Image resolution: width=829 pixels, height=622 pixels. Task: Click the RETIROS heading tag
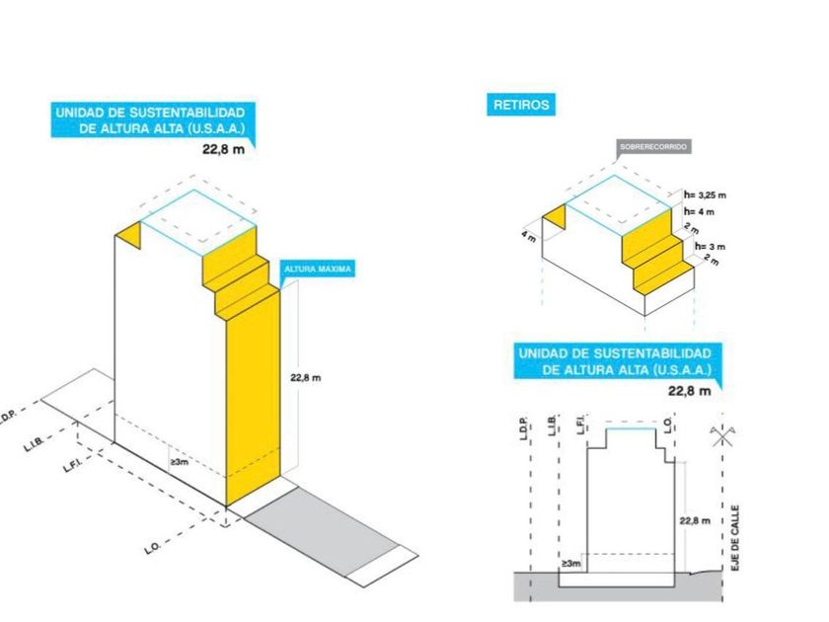[x=521, y=105]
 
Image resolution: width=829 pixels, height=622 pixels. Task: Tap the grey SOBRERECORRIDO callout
[x=653, y=147]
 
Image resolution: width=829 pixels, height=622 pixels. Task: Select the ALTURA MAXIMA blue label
[x=317, y=270]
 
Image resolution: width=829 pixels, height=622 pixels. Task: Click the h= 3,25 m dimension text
[x=705, y=195]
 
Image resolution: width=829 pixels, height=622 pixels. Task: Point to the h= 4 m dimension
[x=699, y=211]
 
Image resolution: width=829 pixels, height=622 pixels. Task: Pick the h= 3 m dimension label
[x=710, y=247]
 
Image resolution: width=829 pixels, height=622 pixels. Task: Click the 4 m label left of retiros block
[x=528, y=235]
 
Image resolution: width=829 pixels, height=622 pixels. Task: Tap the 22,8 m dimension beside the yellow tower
[x=306, y=377]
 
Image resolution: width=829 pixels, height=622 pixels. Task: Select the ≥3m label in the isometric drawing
[x=180, y=462]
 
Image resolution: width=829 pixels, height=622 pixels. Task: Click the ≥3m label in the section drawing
[x=571, y=564]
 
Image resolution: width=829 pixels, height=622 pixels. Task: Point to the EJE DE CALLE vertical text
[x=735, y=538]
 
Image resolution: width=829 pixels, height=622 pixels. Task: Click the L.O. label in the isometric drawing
[x=152, y=549]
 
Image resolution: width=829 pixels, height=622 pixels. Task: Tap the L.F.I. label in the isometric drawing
[x=72, y=465]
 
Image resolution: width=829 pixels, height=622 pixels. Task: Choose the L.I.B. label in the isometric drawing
[x=34, y=443]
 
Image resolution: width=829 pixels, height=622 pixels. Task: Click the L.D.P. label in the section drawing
[x=523, y=428]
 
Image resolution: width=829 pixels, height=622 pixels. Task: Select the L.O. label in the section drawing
[x=668, y=425]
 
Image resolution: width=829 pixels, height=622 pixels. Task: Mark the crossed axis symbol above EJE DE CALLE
[x=722, y=435]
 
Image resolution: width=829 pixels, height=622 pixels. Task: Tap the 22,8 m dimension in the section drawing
[x=695, y=521]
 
